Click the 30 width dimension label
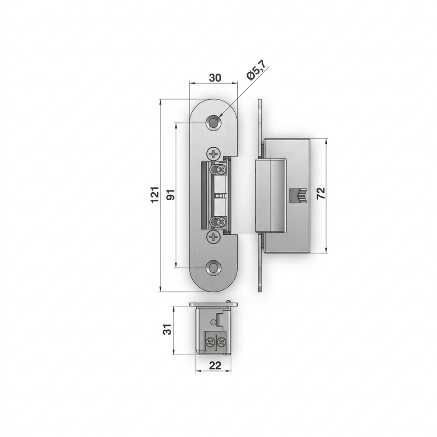pyautogui.click(x=215, y=78)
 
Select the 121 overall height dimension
pyautogui.click(x=155, y=195)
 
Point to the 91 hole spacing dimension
pyautogui.click(x=171, y=194)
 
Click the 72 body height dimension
pyautogui.click(x=321, y=193)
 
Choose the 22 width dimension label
pyautogui.click(x=215, y=365)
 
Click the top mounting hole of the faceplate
pyautogui.click(x=214, y=122)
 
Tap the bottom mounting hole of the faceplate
pyautogui.click(x=214, y=267)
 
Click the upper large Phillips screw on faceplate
pyautogui.click(x=214, y=153)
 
